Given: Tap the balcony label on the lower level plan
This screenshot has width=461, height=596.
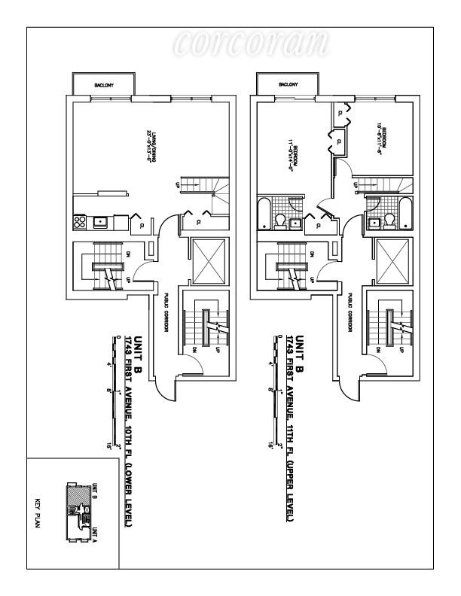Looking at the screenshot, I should coord(103,85).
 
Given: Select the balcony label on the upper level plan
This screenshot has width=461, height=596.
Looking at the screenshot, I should coord(288,85).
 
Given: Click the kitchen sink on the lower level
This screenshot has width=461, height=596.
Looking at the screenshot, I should coord(100,222).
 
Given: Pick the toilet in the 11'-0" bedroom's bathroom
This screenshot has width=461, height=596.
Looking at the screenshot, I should coord(279,221).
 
